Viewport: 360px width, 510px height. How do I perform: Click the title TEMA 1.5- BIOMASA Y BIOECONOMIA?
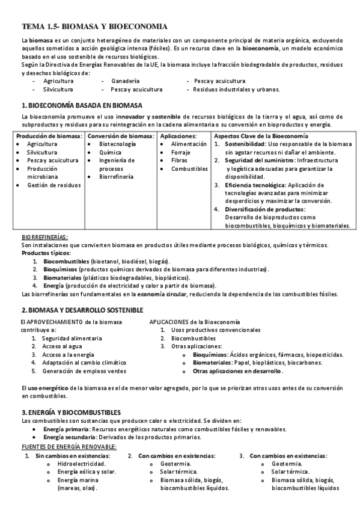pyautogui.click(x=94, y=26)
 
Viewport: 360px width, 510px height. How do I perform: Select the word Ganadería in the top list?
pyautogui.click(x=126, y=80)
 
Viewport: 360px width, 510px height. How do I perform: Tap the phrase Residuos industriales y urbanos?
pyautogui.click(x=236, y=89)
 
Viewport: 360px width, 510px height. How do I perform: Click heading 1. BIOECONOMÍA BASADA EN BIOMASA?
pyautogui.click(x=81, y=105)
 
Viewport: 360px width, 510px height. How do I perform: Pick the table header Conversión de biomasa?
pyautogui.click(x=120, y=136)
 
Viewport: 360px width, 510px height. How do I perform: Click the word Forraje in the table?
pyautogui.click(x=181, y=153)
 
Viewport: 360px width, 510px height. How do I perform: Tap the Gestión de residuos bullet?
pyautogui.click(x=53, y=185)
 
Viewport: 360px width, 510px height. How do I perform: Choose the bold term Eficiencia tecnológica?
pyautogui.click(x=255, y=185)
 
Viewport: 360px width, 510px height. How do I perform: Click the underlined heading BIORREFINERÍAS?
pyautogui.click(x=44, y=238)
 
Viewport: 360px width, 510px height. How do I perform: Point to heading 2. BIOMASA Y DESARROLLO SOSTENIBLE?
pyautogui.click(x=82, y=310)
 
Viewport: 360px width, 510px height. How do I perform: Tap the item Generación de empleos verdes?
pyautogui.click(x=84, y=371)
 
